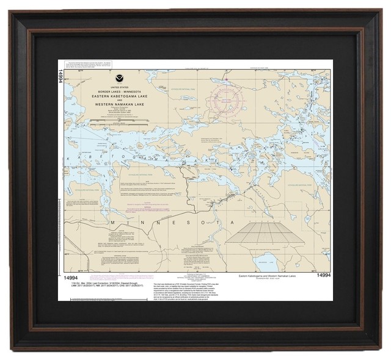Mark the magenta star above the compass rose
[x=227, y=79]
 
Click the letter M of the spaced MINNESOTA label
[x=113, y=223]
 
